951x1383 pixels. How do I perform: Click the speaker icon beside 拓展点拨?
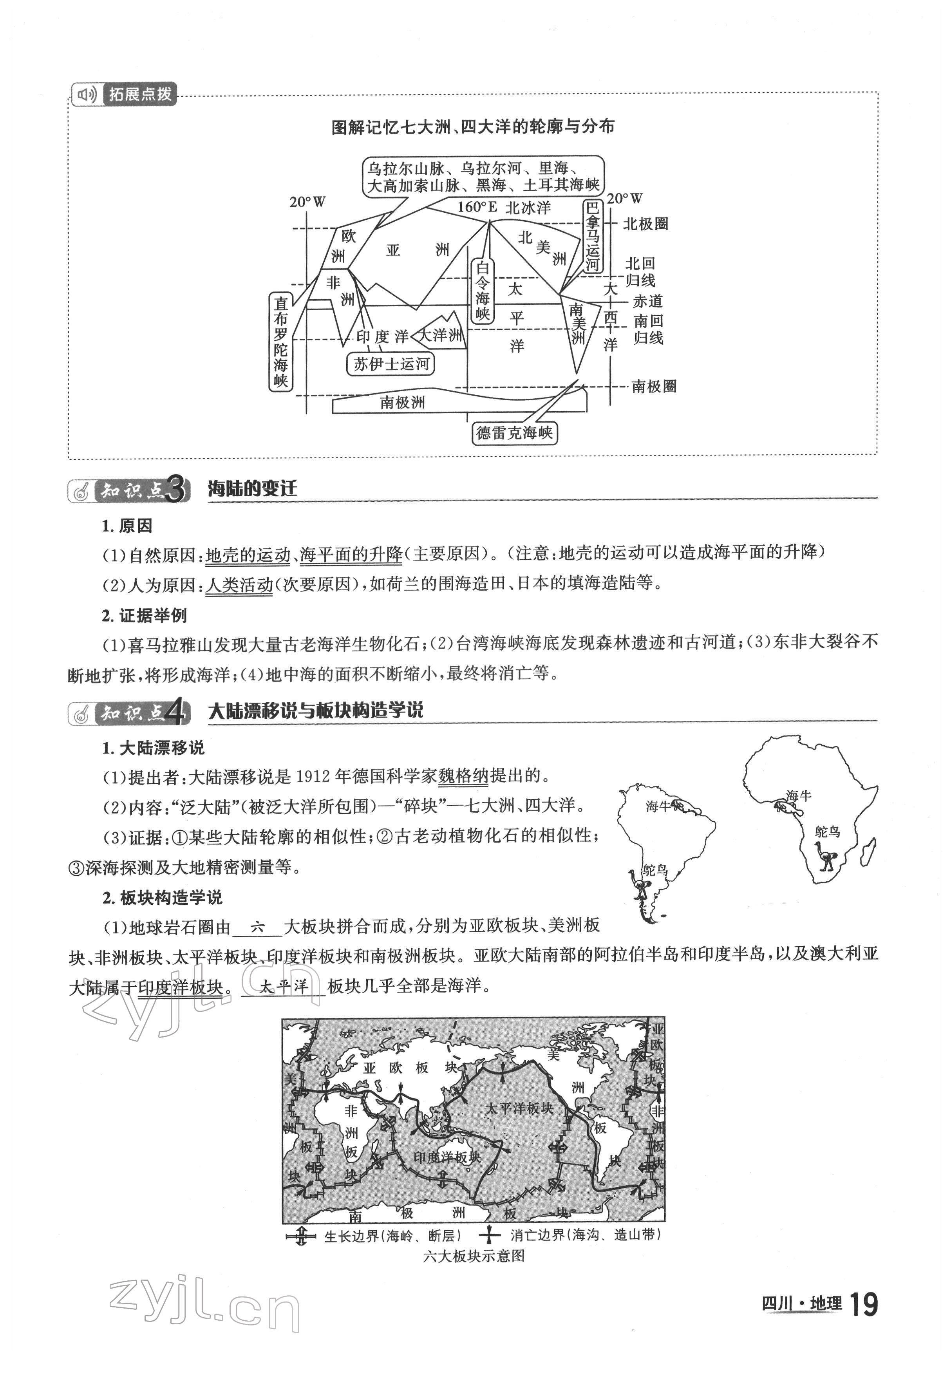pyautogui.click(x=87, y=94)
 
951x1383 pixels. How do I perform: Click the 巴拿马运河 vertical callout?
pyautogui.click(x=592, y=236)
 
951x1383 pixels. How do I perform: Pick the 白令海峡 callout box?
pyautogui.click(x=482, y=291)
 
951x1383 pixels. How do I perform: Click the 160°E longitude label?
pyautogui.click(x=477, y=207)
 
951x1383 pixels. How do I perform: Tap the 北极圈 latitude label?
pyautogui.click(x=645, y=224)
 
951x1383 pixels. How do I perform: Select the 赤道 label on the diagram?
pyautogui.click(x=648, y=302)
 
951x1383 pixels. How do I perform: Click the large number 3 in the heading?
pyautogui.click(x=176, y=490)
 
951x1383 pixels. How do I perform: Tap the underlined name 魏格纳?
pyautogui.click(x=463, y=776)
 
